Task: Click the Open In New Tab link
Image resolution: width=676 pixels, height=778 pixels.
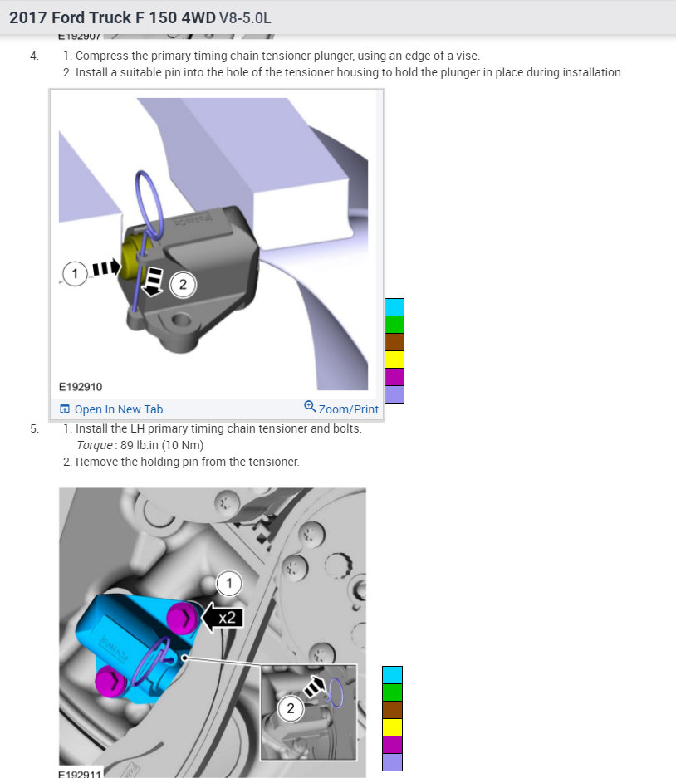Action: (x=118, y=409)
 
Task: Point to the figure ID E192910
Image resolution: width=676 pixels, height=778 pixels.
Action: (x=81, y=387)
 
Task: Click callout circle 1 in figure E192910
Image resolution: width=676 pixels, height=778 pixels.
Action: (x=75, y=272)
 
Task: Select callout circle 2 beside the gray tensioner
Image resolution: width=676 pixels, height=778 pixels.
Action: (x=183, y=285)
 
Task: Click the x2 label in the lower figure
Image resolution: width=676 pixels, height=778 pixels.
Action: (x=226, y=618)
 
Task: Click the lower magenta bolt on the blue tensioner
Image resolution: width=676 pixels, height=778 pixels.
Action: (x=109, y=682)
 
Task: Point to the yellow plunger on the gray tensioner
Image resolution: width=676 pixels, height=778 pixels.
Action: (x=131, y=253)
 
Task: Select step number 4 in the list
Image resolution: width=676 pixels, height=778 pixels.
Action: (x=34, y=56)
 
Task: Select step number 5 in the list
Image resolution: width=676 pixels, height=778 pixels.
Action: (x=34, y=429)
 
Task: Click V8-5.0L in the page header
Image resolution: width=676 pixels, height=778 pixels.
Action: (x=245, y=17)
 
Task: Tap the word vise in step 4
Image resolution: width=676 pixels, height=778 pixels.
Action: (x=467, y=56)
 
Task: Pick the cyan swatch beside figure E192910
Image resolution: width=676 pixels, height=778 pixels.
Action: (x=394, y=307)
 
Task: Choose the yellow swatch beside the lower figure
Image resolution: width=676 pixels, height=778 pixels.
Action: (x=392, y=727)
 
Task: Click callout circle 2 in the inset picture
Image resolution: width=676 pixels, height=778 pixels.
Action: (x=291, y=708)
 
